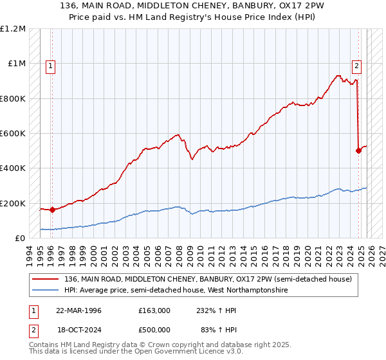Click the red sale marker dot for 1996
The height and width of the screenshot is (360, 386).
pyautogui.click(x=52, y=210)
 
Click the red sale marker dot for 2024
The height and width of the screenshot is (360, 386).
pyautogui.click(x=358, y=151)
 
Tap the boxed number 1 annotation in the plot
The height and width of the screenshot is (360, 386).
pyautogui.click(x=50, y=65)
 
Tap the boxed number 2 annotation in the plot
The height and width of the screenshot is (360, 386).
pyautogui.click(x=356, y=65)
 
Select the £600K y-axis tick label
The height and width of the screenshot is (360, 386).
pyautogui.click(x=13, y=134)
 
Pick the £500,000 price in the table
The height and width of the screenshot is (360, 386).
pyautogui.click(x=154, y=330)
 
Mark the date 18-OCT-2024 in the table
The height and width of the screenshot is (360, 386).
pyautogui.click(x=78, y=330)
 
